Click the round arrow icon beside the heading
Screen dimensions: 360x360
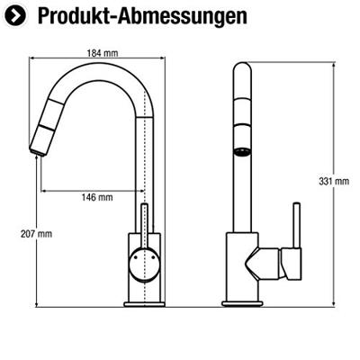(15, 16)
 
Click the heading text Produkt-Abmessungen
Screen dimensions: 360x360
(142, 16)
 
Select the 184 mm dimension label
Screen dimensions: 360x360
(103, 53)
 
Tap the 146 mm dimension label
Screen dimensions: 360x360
(97, 197)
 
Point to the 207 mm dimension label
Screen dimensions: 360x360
(36, 234)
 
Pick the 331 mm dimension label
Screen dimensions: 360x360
(334, 181)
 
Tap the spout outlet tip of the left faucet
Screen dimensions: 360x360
(38, 151)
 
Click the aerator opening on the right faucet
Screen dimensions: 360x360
(242, 152)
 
